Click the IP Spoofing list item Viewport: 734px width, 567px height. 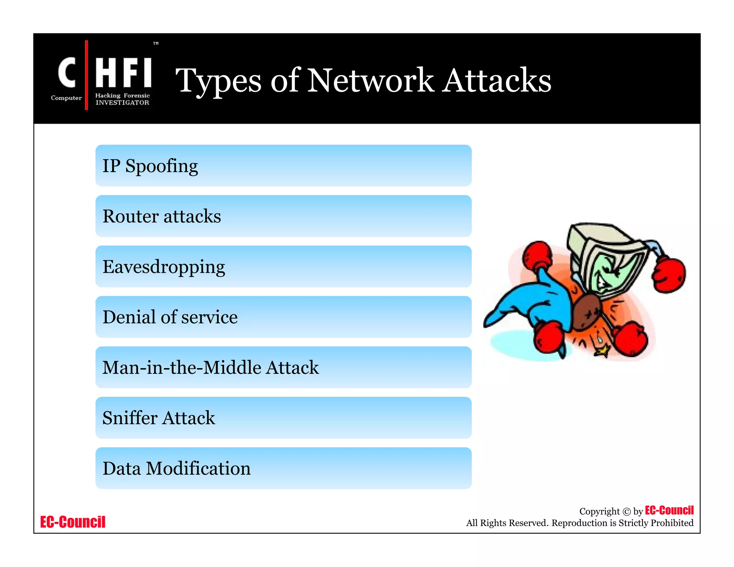coord(283,166)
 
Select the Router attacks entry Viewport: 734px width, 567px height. coord(283,216)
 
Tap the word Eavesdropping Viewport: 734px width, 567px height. coord(164,267)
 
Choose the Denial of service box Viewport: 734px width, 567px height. coord(283,317)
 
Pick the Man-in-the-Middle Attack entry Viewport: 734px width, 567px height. coord(283,367)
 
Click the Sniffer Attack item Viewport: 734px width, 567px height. coord(283,418)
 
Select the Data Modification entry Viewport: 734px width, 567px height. coord(283,468)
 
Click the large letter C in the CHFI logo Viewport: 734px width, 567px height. coord(67,73)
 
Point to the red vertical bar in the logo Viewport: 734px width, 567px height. coord(86,75)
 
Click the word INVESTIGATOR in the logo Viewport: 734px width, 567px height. coord(122,103)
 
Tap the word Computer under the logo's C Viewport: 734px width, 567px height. coord(66,98)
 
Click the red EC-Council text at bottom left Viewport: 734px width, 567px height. coord(73,522)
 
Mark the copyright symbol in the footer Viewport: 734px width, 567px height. coord(626,512)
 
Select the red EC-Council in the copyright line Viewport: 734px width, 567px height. coord(669,510)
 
